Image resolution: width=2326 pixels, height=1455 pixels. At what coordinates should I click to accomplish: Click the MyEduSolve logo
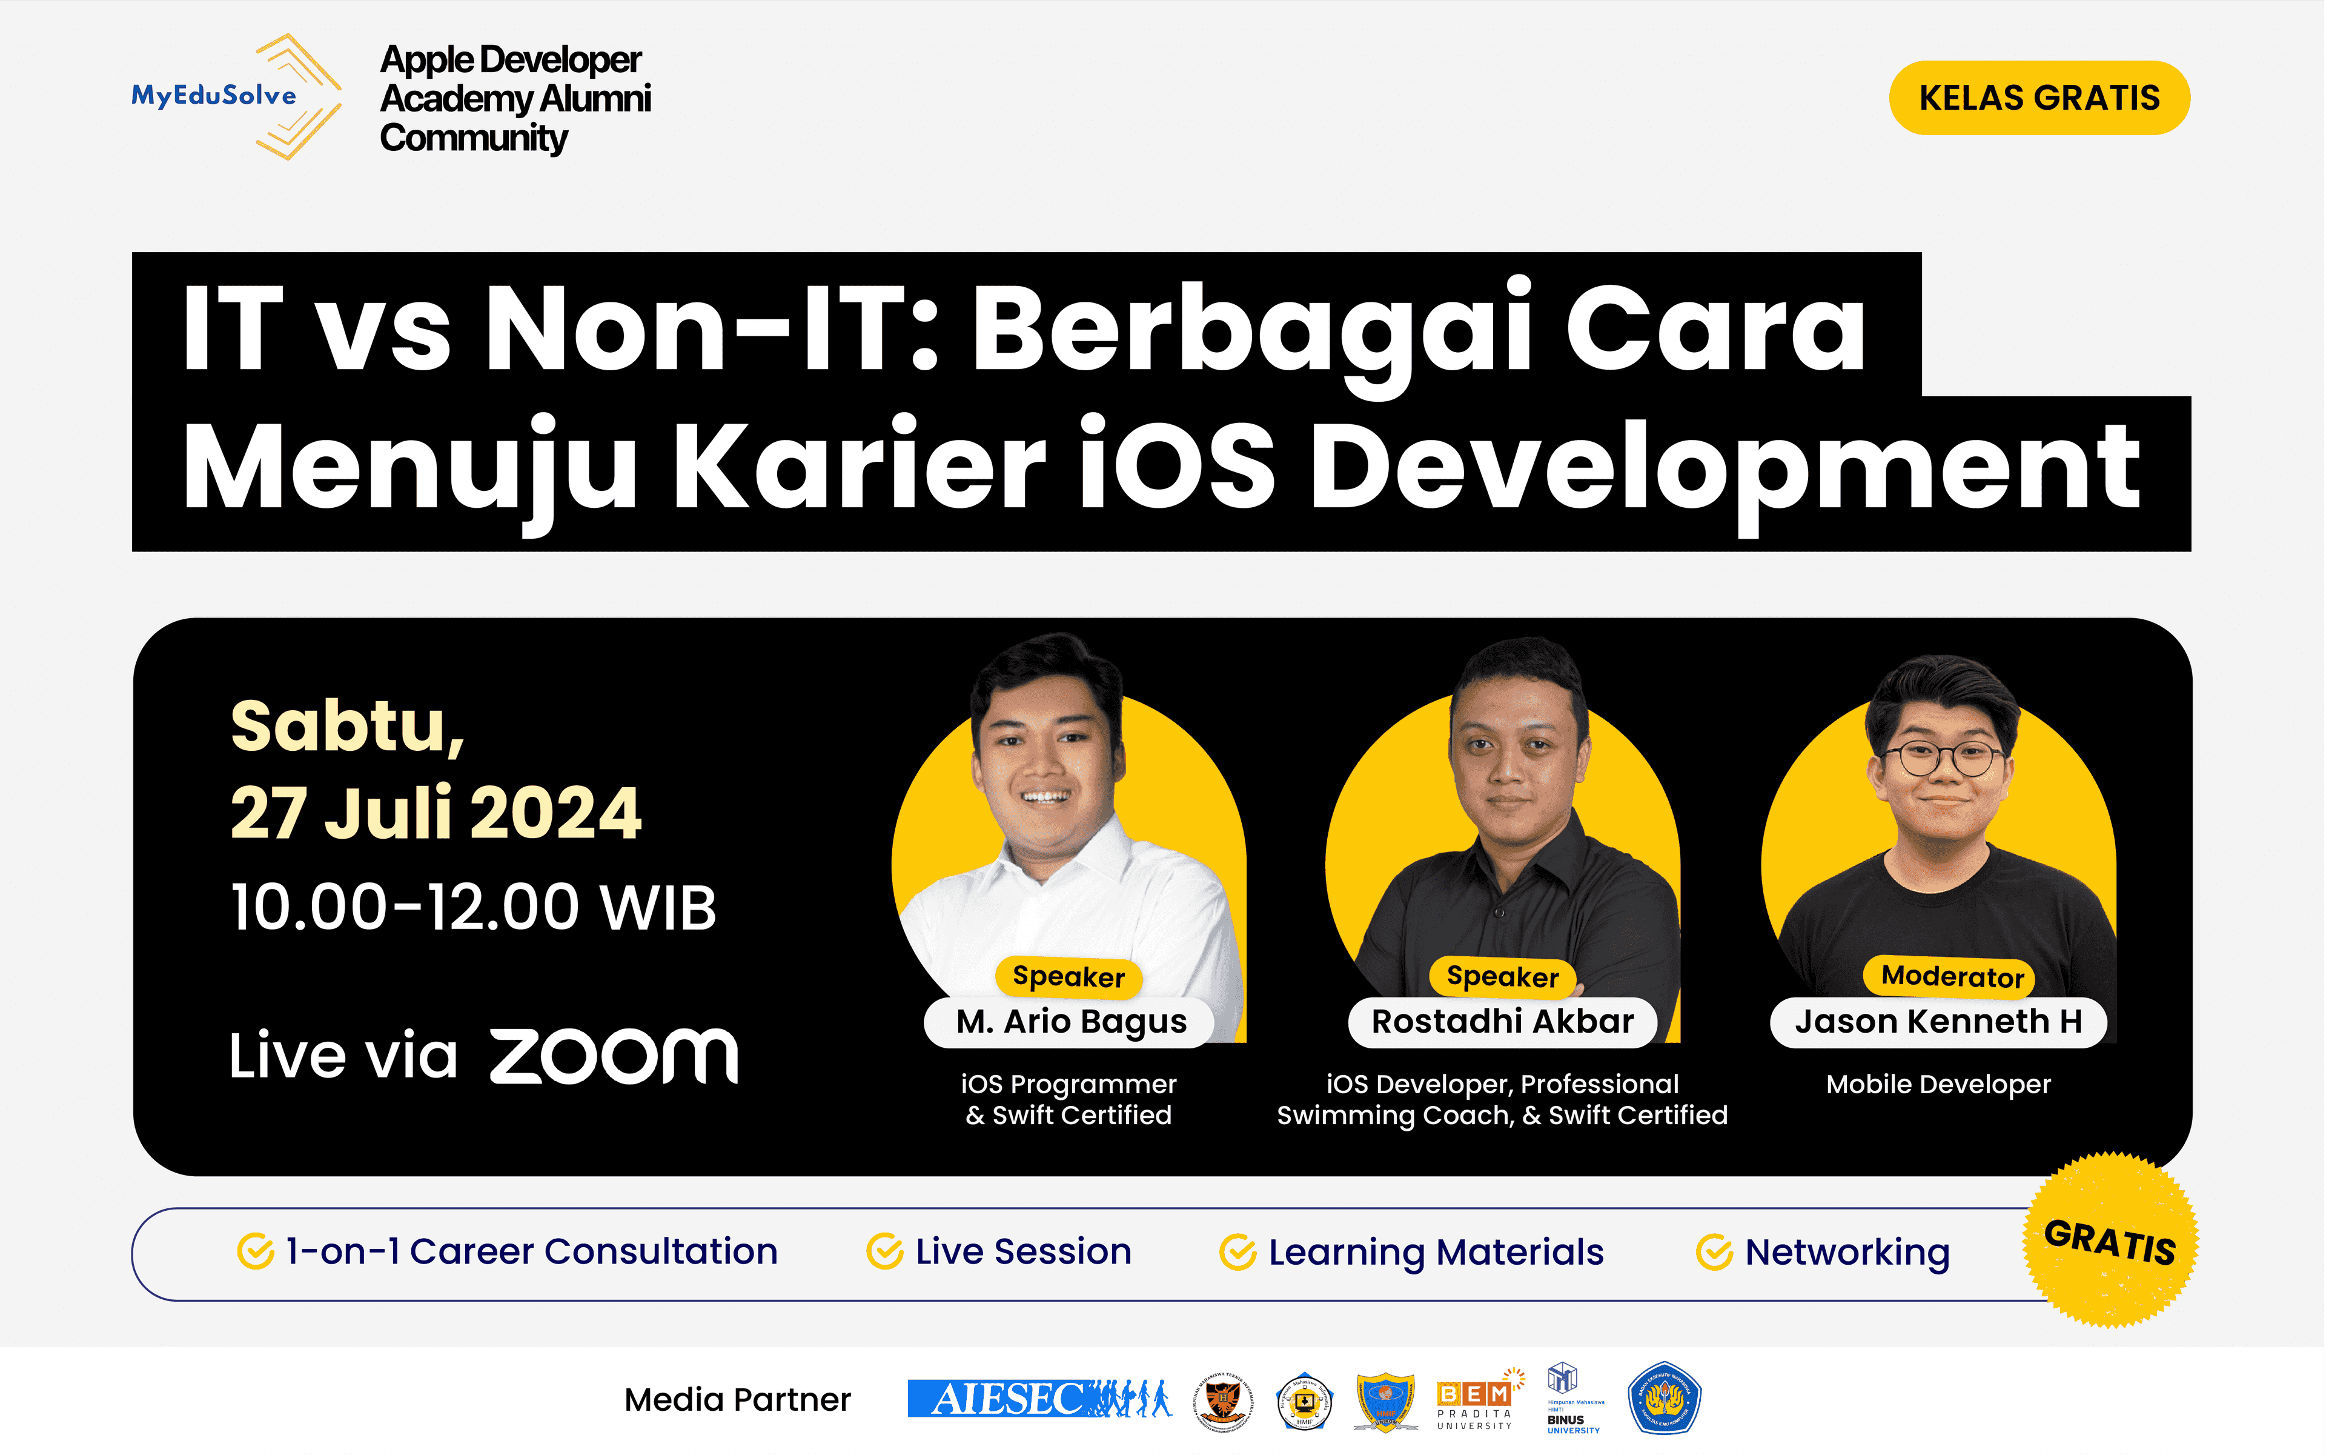[x=236, y=96]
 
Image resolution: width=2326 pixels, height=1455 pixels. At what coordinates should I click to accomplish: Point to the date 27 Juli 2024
[x=435, y=813]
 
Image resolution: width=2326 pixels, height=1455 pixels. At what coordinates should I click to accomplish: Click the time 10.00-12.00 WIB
[x=473, y=907]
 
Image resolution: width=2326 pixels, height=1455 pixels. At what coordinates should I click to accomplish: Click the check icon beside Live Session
[x=884, y=1252]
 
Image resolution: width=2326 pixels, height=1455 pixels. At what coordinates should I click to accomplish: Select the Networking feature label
[x=1847, y=1252]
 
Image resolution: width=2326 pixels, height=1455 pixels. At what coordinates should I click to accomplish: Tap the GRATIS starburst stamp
[x=2110, y=1241]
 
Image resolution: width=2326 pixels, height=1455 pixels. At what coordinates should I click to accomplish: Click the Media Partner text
[x=737, y=1399]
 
